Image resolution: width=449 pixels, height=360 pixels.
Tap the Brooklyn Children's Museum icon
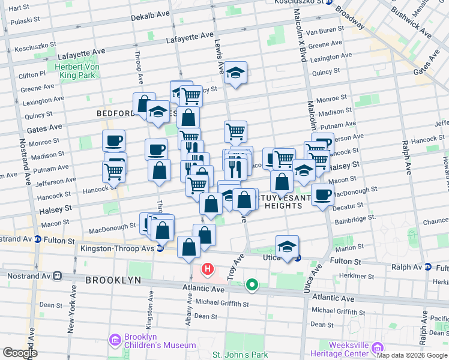(116, 340)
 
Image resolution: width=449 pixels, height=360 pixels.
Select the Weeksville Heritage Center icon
(378, 347)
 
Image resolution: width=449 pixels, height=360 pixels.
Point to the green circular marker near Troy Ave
(253, 286)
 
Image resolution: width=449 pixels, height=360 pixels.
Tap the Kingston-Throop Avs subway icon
(160, 248)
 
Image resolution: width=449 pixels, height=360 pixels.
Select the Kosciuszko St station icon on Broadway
(328, 2)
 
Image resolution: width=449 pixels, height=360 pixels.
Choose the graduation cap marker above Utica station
(288, 247)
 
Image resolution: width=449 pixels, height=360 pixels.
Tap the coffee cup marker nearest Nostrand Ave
(113, 142)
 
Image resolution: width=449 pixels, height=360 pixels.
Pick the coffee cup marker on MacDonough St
(322, 194)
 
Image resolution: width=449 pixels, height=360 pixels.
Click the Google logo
(19, 353)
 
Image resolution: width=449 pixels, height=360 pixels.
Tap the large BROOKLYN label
(113, 280)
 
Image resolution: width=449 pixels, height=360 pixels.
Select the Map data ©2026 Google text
(411, 355)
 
